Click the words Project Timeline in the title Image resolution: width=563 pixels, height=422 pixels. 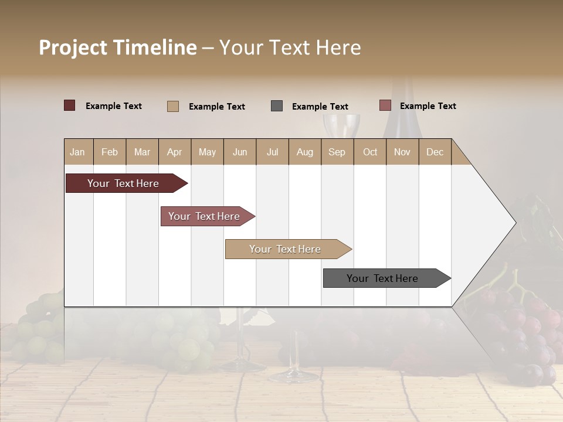click(117, 47)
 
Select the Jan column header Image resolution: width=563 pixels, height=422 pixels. click(77, 152)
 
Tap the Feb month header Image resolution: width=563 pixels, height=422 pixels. click(110, 152)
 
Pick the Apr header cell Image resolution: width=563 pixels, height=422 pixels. click(174, 152)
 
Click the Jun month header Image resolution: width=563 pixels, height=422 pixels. click(240, 152)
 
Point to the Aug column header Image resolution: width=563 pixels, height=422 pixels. click(304, 152)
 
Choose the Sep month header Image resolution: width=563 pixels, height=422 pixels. click(337, 152)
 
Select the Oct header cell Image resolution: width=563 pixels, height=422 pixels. click(370, 152)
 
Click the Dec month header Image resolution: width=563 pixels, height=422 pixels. click(435, 152)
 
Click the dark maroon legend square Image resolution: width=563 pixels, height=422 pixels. click(69, 105)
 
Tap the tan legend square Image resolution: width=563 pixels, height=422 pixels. click(173, 106)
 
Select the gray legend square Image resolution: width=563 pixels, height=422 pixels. click(277, 106)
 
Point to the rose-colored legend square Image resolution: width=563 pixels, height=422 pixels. click(385, 105)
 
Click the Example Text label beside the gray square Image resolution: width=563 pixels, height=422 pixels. click(320, 107)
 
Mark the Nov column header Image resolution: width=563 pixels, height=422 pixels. click(402, 152)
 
